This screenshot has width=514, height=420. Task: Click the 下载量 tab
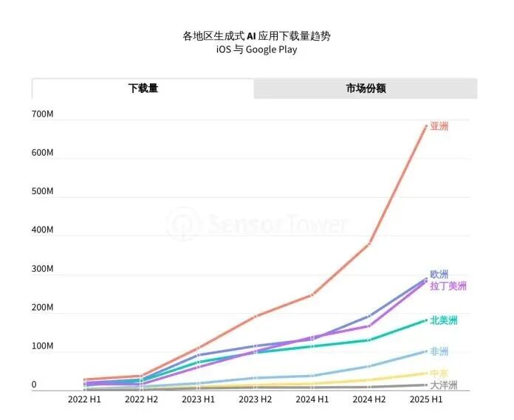(143, 89)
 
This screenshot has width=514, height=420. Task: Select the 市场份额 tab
(366, 89)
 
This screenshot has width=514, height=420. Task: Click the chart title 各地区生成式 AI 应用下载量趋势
(252, 35)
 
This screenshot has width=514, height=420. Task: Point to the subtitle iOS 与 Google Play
(252, 49)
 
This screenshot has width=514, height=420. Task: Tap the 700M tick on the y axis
(42, 114)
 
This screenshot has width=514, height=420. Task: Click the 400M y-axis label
(42, 230)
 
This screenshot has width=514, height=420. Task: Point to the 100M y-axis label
(42, 346)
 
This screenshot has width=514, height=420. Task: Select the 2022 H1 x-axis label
(83, 399)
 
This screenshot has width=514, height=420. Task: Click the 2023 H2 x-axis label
(255, 399)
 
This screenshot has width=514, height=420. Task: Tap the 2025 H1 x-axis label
(426, 399)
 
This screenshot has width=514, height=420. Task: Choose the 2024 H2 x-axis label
(369, 399)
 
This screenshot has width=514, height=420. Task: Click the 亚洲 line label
(439, 126)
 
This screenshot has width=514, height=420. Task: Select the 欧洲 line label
(439, 275)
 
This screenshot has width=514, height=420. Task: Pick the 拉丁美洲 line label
(448, 286)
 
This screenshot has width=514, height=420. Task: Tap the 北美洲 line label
(444, 320)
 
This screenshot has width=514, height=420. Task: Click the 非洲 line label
(439, 351)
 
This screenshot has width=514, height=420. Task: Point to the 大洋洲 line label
(444, 385)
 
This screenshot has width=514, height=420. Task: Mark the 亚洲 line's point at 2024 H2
(369, 243)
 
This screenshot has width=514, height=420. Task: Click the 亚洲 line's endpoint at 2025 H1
(425, 126)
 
